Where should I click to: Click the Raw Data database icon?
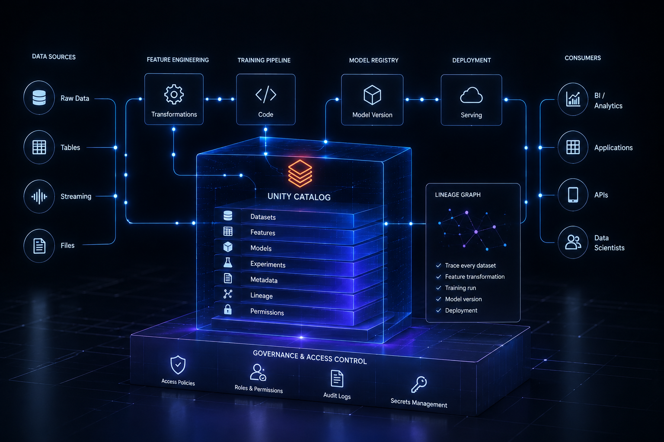point(39,98)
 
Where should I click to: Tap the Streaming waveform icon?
point(39,196)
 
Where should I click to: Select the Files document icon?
point(39,246)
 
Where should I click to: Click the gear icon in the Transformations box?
point(174,95)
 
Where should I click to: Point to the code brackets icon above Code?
point(265,95)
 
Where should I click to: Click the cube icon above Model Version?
point(372,95)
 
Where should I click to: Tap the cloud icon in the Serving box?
point(471,95)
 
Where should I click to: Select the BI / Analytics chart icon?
point(573,99)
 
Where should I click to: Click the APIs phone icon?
point(573,195)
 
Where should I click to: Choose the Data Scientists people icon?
point(573,242)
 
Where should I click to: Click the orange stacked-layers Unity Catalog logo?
point(300,174)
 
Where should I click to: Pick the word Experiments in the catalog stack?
point(268,264)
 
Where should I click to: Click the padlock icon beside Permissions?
point(228,309)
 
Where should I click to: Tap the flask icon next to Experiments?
point(228,262)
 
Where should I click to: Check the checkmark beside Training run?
point(439,288)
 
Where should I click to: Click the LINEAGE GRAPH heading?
point(458,195)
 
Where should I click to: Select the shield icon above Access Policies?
point(178,365)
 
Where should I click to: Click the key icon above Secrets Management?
point(419,385)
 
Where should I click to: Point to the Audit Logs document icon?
point(337,379)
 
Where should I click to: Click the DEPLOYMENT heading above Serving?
point(472,60)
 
